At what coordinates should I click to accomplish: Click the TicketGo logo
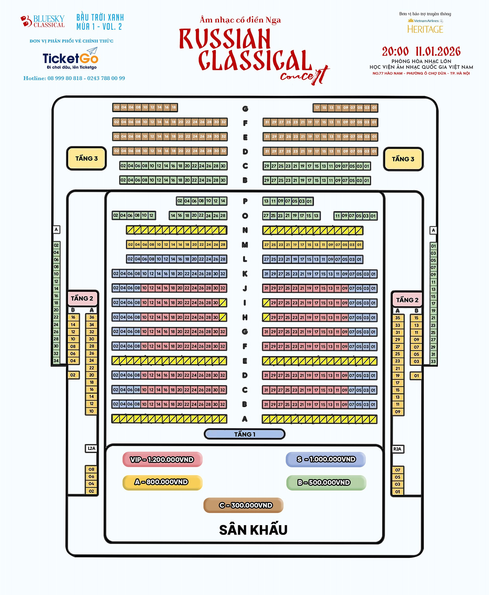click(x=70, y=58)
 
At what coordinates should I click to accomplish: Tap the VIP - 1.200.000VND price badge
click(x=162, y=459)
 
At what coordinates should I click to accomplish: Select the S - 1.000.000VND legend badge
click(x=326, y=459)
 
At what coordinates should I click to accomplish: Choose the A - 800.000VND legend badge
click(x=162, y=482)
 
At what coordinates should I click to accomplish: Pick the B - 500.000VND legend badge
click(x=326, y=483)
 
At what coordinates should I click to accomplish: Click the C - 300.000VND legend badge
click(x=243, y=505)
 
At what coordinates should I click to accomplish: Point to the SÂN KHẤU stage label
click(x=253, y=530)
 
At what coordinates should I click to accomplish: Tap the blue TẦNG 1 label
click(x=244, y=434)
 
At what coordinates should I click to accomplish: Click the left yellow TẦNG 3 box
click(x=87, y=158)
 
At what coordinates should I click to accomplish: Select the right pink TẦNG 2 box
click(x=407, y=300)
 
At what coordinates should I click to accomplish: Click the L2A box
click(x=91, y=448)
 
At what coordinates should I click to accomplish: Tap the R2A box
click(x=398, y=449)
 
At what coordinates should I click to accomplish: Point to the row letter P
click(x=245, y=201)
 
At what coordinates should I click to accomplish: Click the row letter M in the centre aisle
click(x=245, y=245)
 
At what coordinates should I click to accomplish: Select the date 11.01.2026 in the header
click(x=438, y=52)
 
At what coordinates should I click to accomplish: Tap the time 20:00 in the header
click(x=395, y=52)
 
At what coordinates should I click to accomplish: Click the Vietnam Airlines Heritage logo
click(x=425, y=26)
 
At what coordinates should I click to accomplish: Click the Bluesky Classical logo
click(x=43, y=22)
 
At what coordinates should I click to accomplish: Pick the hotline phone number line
click(x=74, y=78)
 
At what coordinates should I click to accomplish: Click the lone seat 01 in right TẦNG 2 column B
click(x=416, y=376)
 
